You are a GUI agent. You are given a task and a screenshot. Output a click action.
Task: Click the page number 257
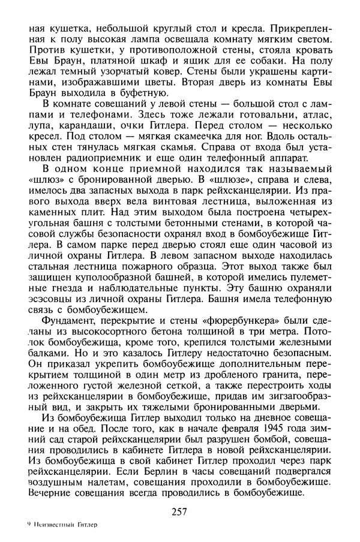[179, 511]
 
